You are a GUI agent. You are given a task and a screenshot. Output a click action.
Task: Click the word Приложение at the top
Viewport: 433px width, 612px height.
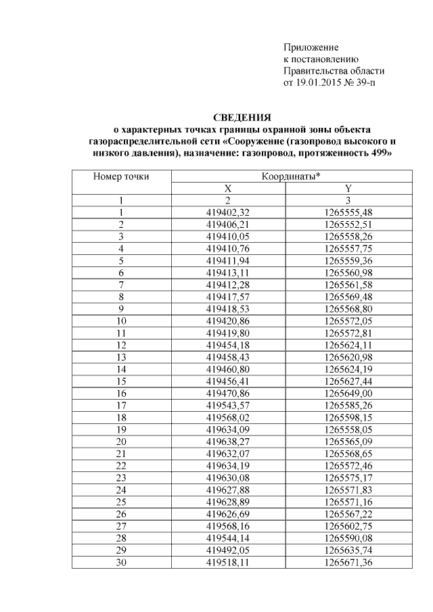coord(311,49)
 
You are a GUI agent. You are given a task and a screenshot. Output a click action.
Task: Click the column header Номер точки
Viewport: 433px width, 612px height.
coord(121,176)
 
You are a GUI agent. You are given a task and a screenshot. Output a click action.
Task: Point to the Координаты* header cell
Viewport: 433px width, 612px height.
coord(291,176)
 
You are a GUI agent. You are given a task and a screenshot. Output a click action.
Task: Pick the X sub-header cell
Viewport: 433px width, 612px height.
coord(228,189)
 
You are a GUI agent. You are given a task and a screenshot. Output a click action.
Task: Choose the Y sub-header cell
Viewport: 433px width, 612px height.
coord(348,189)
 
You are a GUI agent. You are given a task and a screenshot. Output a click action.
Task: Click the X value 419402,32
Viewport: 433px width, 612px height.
coord(228,212)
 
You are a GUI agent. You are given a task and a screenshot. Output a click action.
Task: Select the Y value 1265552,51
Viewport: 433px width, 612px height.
coord(348,224)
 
